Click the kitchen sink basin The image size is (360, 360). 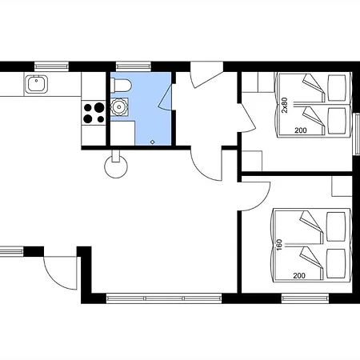(x=36, y=84)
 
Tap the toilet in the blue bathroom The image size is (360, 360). (x=121, y=86)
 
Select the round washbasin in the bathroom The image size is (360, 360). (x=119, y=107)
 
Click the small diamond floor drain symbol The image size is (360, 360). (x=153, y=142)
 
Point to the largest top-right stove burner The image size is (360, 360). (x=99, y=107)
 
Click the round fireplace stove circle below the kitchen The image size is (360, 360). (x=116, y=166)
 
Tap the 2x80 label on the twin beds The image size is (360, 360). (x=285, y=105)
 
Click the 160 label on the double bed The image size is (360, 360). (x=279, y=245)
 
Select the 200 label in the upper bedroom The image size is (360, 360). (x=301, y=130)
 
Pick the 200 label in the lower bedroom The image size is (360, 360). (x=299, y=276)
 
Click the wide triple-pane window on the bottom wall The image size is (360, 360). (x=164, y=298)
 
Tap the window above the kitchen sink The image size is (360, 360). (x=52, y=66)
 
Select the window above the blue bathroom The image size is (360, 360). (x=134, y=66)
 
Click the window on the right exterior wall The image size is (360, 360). (x=356, y=134)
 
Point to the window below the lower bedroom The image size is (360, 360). (x=305, y=298)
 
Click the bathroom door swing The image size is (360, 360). (x=166, y=97)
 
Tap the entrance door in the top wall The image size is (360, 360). (x=206, y=74)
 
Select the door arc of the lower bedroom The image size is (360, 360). (x=255, y=197)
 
